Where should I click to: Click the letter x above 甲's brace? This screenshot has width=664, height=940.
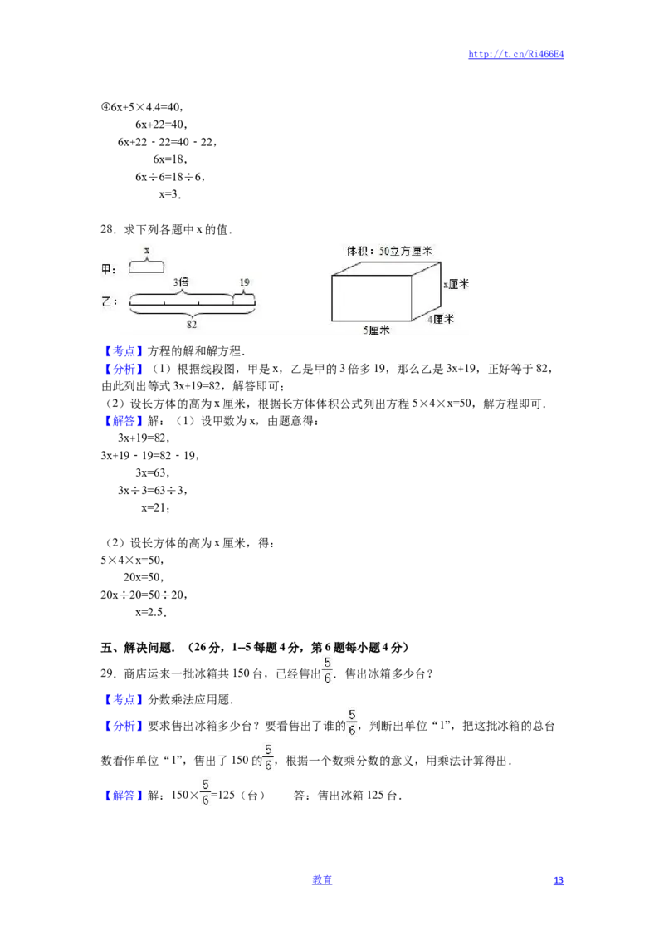tap(147, 249)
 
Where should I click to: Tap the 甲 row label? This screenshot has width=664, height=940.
tap(109, 268)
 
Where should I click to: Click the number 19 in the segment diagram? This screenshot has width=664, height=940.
tap(244, 282)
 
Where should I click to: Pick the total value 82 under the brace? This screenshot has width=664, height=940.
tap(192, 325)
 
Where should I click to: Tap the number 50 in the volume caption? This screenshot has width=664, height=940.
tap(383, 250)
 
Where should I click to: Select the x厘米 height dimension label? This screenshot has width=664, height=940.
tap(456, 283)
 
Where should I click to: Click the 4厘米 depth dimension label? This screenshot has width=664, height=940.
tap(441, 318)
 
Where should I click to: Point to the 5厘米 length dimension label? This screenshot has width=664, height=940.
tap(376, 330)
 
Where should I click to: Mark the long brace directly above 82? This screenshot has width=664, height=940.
tap(192, 315)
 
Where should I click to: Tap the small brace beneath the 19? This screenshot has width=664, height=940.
tap(243, 292)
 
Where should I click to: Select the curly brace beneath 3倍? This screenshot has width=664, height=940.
tap(180, 293)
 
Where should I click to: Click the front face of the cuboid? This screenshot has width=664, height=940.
tap(371, 297)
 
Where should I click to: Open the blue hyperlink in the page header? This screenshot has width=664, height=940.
tap(516, 54)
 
